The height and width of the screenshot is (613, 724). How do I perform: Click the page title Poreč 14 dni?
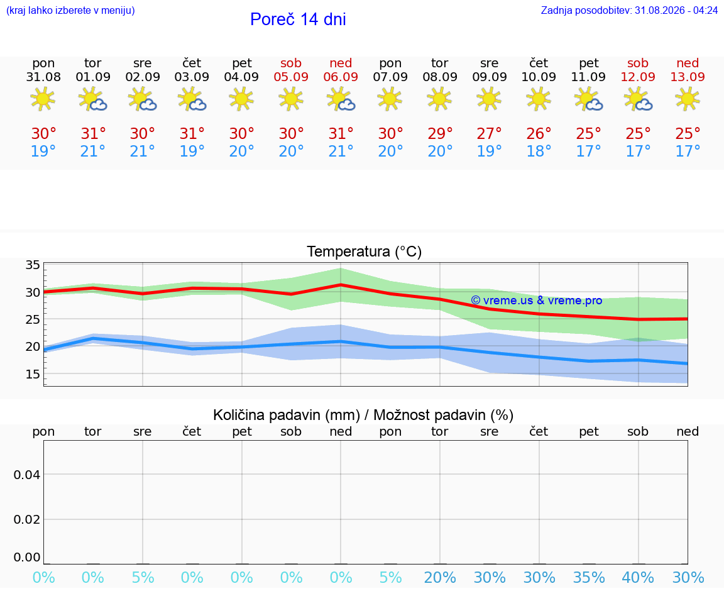pos(298,19)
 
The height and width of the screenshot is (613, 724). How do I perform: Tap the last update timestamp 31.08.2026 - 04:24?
pos(676,10)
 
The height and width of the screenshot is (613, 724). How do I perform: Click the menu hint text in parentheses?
pos(70,10)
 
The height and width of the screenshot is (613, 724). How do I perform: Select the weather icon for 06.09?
pos(341,99)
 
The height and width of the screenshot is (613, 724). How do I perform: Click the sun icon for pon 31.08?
pos(43,99)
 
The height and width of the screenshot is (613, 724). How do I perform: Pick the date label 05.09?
pos(291,77)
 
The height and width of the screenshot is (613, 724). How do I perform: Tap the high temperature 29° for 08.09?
pos(439,133)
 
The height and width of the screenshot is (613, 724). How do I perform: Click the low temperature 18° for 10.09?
pos(539,151)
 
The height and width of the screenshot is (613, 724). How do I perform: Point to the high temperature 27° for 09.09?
pos(489,133)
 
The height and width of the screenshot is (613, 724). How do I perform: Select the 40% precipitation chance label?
pos(638,577)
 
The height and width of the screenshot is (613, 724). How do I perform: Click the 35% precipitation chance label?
pos(589,577)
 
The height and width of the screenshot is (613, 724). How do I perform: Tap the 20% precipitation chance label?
pos(439,577)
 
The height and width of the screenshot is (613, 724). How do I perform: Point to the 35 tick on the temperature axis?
pos(33,265)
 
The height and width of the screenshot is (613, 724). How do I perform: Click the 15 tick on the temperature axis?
pos(33,373)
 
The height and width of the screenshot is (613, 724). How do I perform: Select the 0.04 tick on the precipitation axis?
pos(27,475)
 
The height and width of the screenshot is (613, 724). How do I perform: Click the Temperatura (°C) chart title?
pos(365,251)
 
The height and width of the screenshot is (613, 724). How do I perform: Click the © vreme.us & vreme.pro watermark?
pos(537,301)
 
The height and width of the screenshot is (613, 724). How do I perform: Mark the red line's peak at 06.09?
pos(341,285)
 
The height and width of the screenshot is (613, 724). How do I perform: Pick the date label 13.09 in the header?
pos(688,77)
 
